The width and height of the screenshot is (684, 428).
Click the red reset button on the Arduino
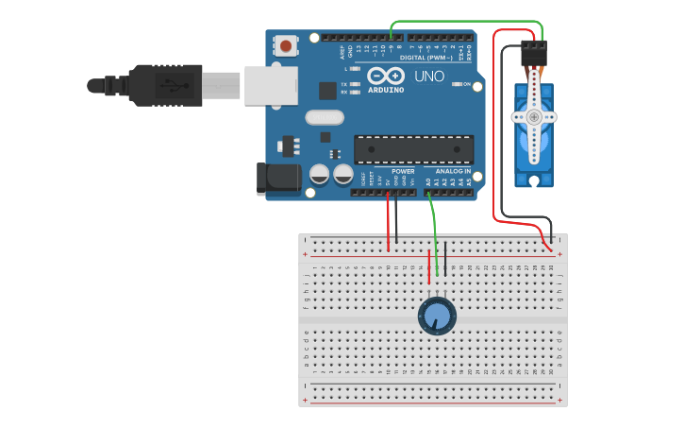click(285, 44)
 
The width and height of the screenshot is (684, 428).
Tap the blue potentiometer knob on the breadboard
click(437, 316)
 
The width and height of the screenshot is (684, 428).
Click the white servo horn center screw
click(534, 117)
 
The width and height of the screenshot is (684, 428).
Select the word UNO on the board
click(429, 76)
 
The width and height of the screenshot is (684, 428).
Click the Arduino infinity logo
click(385, 76)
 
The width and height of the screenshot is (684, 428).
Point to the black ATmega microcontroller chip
click(413, 149)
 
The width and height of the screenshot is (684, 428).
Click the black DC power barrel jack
click(278, 180)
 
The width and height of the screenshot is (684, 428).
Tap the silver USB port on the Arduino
click(271, 85)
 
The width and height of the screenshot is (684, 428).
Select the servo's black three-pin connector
click(534, 54)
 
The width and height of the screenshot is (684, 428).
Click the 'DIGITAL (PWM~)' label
click(426, 58)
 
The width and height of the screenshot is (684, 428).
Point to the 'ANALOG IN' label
click(453, 171)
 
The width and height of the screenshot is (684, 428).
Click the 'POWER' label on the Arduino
click(403, 171)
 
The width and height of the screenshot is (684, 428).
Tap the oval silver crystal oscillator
click(325, 118)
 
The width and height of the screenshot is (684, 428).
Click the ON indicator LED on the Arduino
click(457, 84)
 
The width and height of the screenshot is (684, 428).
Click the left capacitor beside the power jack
click(320, 174)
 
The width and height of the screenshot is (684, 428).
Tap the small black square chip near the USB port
click(327, 91)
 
